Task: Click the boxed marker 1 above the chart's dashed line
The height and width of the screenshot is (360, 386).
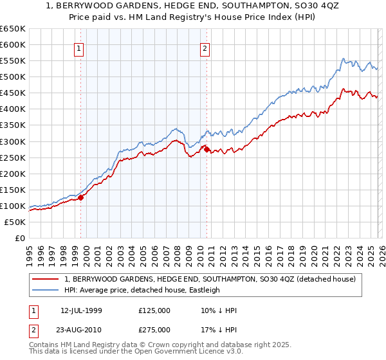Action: pos(79,48)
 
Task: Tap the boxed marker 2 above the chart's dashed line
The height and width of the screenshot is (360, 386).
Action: pos(205,48)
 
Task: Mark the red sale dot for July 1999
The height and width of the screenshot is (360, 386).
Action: pos(81,197)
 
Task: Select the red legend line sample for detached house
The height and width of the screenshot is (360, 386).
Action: pos(46,278)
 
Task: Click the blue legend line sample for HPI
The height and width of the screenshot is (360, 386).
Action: pos(46,290)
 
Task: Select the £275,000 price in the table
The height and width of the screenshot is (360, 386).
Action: pos(154,329)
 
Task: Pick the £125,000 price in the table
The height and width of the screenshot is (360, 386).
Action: pos(154,310)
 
